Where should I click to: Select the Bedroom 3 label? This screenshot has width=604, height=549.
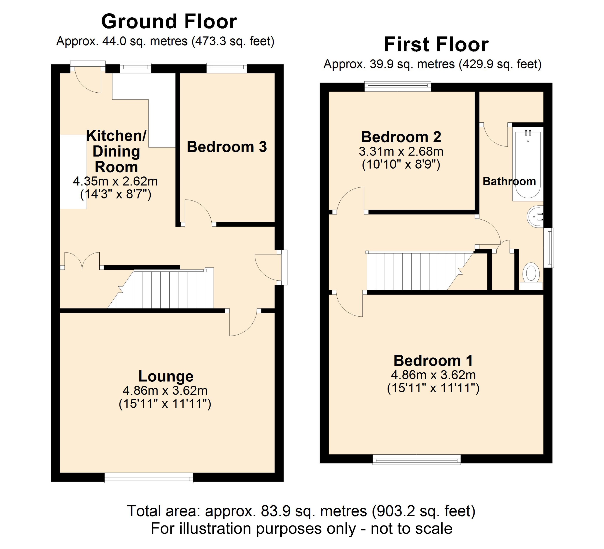click(x=227, y=147)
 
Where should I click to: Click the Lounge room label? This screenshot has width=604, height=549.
click(x=166, y=376)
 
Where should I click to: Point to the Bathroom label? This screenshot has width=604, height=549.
click(x=509, y=181)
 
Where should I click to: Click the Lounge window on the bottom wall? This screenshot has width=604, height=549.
click(x=149, y=478)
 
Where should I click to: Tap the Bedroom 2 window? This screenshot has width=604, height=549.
click(x=398, y=86)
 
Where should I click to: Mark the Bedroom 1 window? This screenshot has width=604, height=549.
click(x=417, y=459)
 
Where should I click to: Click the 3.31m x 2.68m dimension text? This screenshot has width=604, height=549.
click(x=401, y=152)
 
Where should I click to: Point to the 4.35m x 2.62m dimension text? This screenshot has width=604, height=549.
click(x=115, y=181)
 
